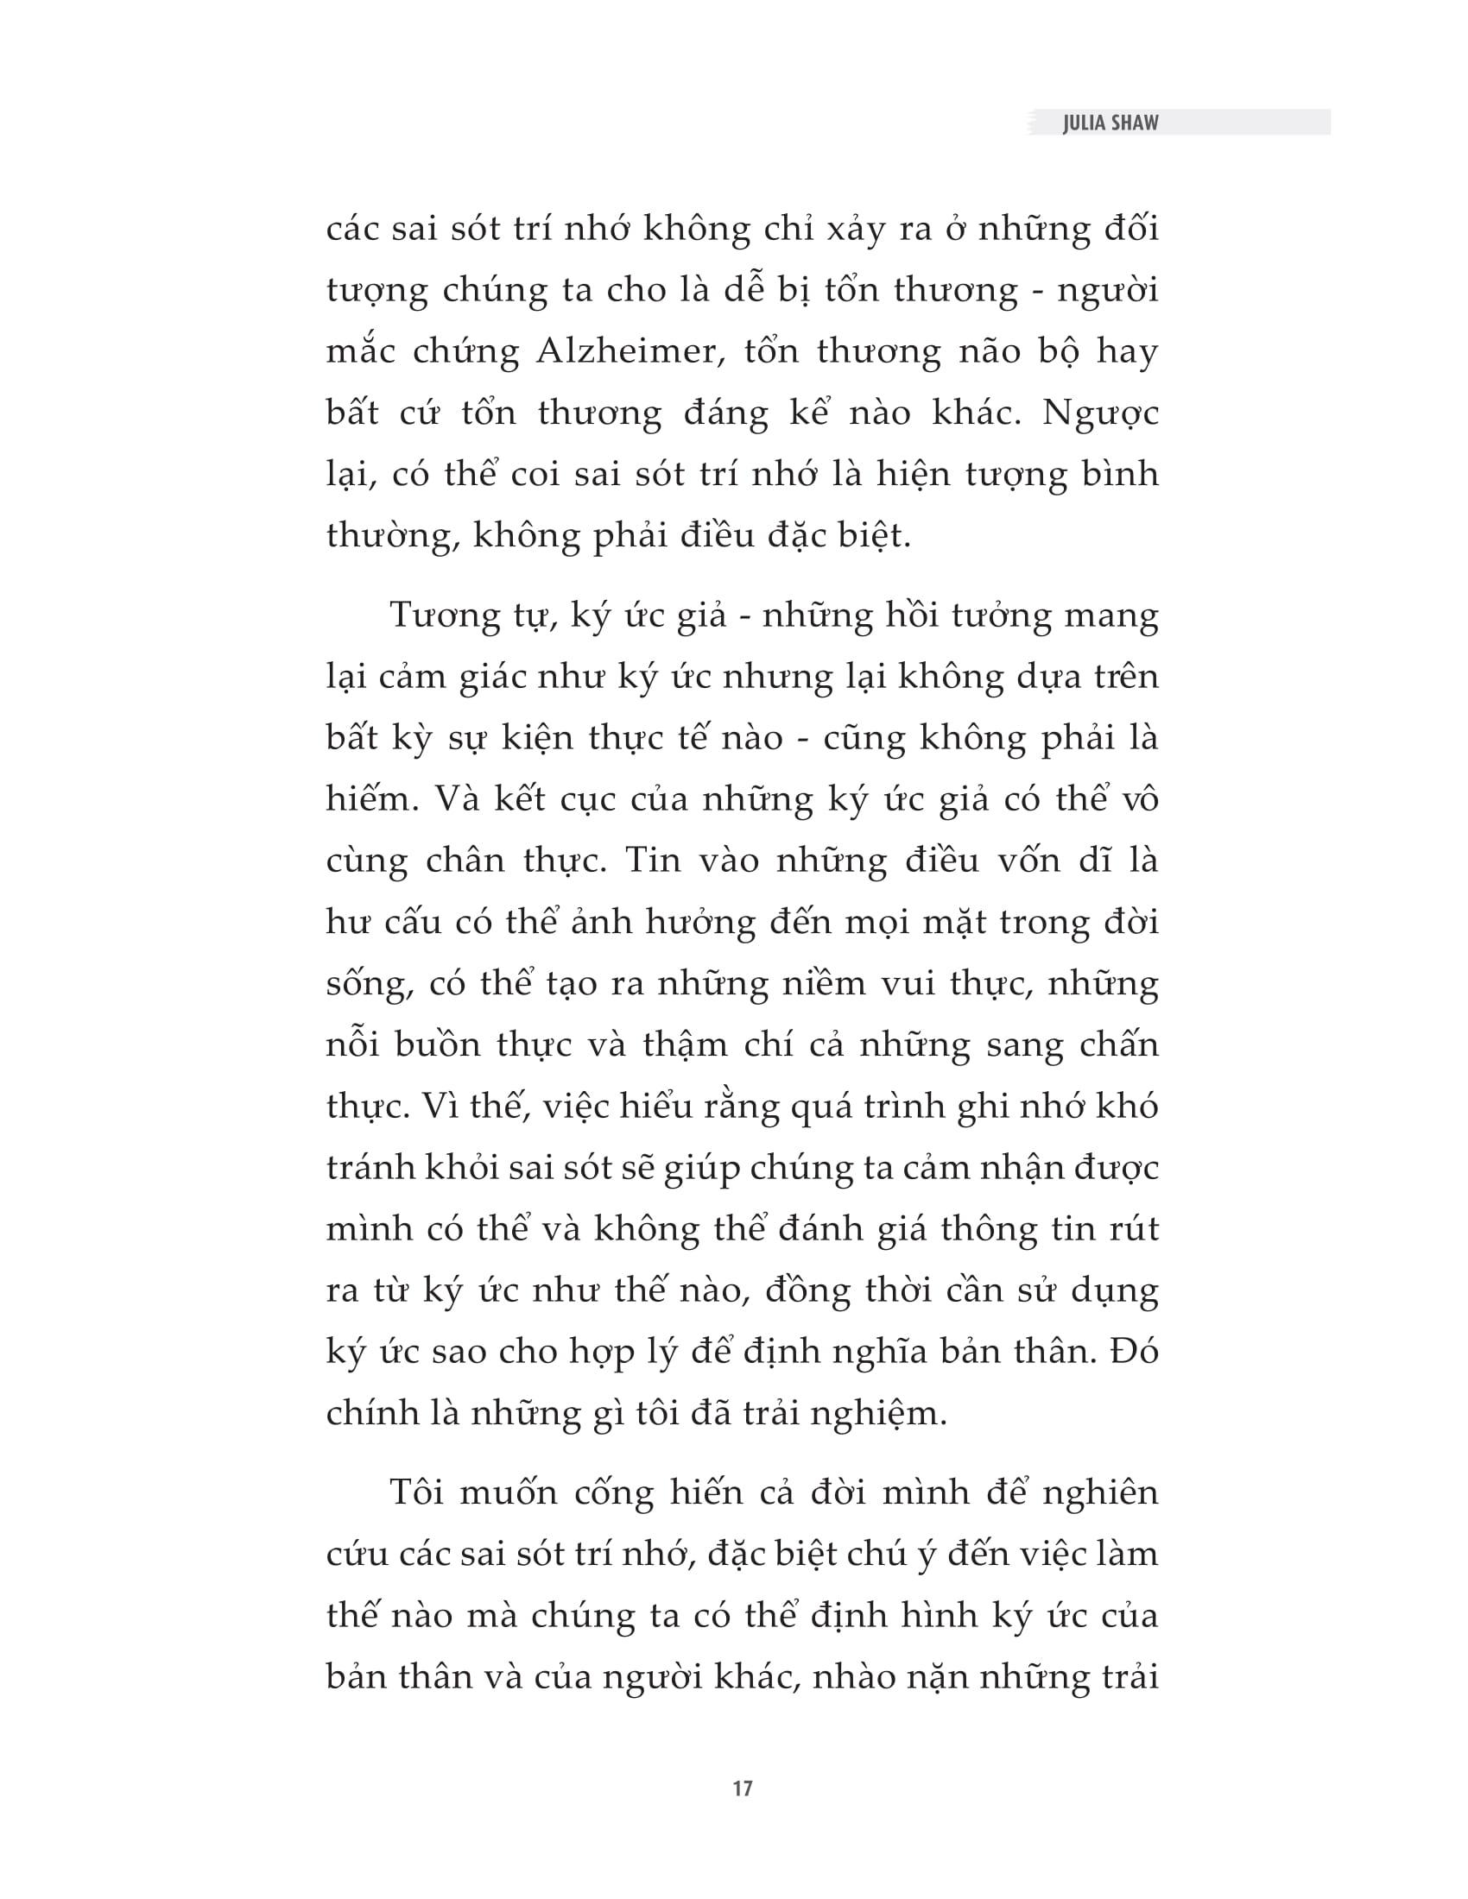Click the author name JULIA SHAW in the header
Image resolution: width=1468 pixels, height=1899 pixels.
point(1110,123)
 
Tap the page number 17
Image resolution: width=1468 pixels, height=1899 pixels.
point(742,1789)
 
